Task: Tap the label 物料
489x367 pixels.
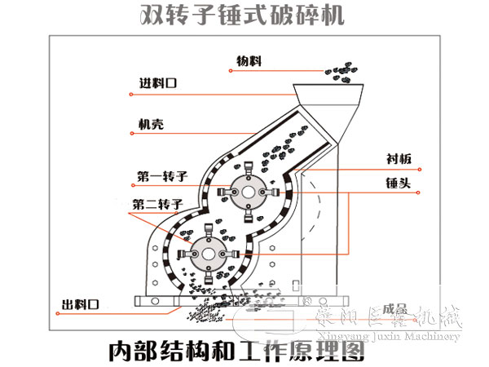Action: pyautogui.click(x=250, y=60)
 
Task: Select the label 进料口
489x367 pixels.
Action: pyautogui.click(x=158, y=83)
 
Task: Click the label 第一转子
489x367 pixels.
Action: pyautogui.click(x=161, y=175)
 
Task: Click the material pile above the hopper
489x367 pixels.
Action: pyautogui.click(x=343, y=74)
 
